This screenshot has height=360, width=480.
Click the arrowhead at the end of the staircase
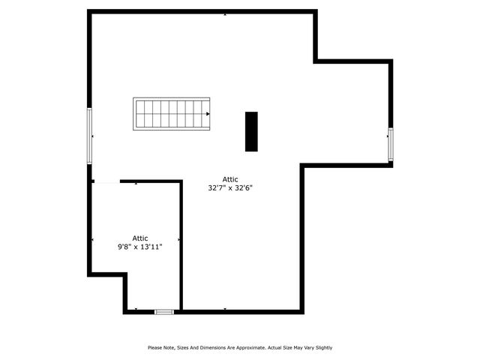208,114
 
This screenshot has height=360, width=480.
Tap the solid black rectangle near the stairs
251,131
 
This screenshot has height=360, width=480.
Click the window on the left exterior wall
90,136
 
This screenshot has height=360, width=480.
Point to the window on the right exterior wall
390,144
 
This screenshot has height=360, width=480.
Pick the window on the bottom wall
164,311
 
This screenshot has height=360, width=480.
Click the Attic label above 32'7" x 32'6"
230,179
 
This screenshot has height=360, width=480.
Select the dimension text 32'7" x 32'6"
230,188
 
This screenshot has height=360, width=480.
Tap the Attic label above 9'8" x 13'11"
140,238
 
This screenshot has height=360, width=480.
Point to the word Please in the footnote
155,347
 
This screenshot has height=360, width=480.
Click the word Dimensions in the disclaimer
214,347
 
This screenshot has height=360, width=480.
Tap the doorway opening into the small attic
106,181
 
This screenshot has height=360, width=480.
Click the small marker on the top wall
224,13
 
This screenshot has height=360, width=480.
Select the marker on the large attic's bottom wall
225,309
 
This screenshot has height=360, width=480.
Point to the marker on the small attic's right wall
179,240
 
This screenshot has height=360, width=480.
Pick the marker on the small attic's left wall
92,240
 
